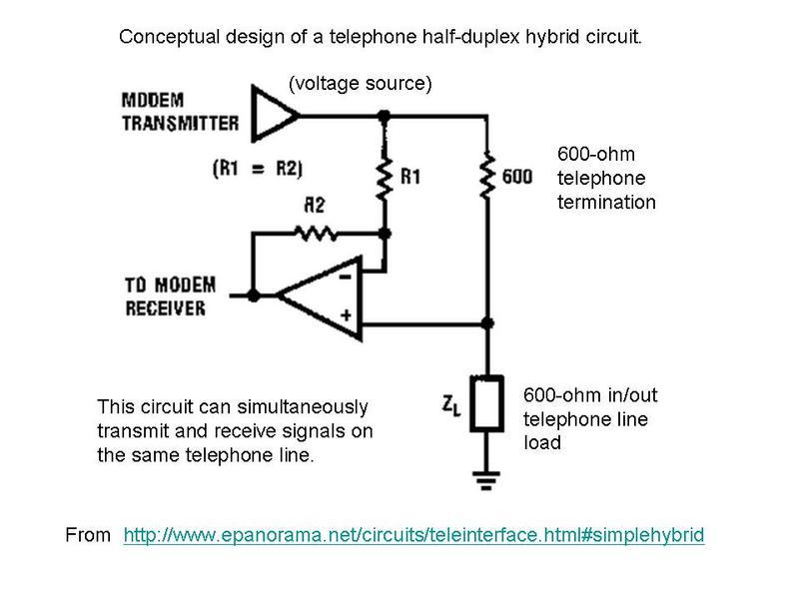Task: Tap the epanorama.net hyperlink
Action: click(413, 536)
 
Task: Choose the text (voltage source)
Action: click(360, 84)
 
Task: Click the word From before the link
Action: click(87, 536)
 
